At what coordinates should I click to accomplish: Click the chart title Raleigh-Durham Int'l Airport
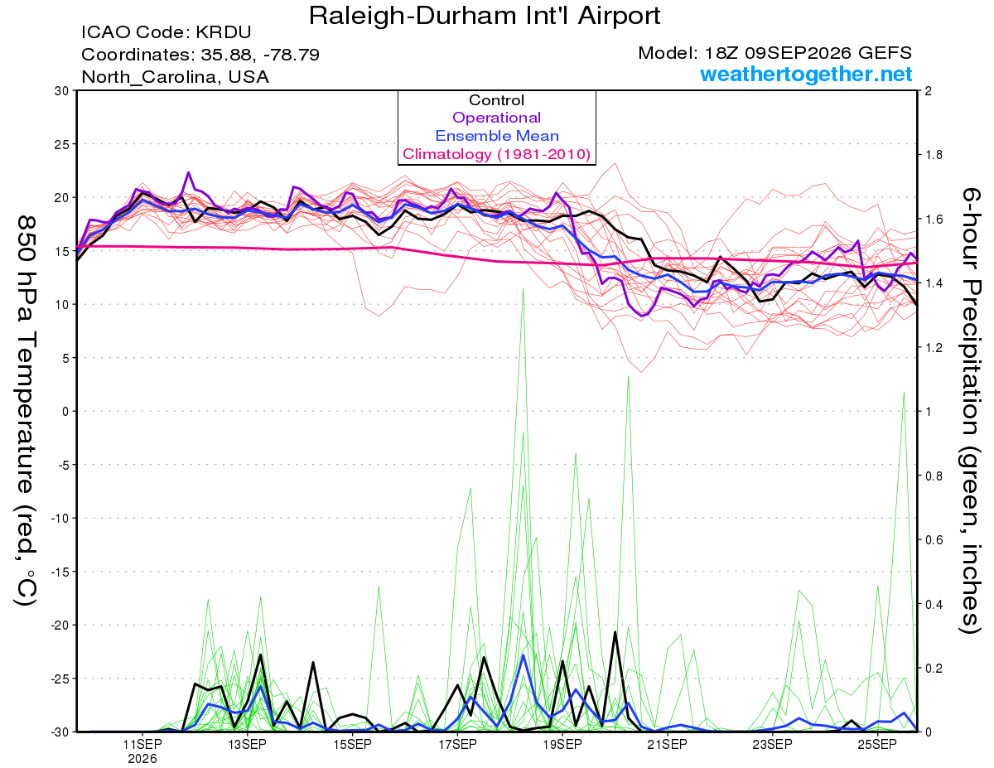pyautogui.click(x=485, y=16)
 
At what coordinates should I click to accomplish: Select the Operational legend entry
pyautogui.click(x=496, y=118)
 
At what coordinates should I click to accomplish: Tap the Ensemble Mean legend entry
pyautogui.click(x=497, y=136)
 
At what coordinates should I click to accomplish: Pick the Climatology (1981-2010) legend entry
pyautogui.click(x=496, y=154)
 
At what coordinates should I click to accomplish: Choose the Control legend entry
pyautogui.click(x=496, y=100)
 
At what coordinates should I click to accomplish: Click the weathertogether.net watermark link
pyautogui.click(x=806, y=74)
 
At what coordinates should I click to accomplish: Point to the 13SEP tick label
pyautogui.click(x=247, y=744)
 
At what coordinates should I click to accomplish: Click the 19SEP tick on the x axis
pyautogui.click(x=562, y=744)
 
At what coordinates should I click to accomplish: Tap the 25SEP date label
pyautogui.click(x=877, y=744)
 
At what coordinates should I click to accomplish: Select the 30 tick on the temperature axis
pyautogui.click(x=62, y=91)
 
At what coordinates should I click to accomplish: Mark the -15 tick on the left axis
pyautogui.click(x=60, y=572)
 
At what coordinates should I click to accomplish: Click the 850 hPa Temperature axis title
pyautogui.click(x=26, y=411)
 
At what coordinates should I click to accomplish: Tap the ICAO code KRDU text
pyautogui.click(x=166, y=32)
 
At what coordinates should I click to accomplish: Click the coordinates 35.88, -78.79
pyautogui.click(x=200, y=55)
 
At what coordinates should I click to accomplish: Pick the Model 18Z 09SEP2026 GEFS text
pyautogui.click(x=774, y=53)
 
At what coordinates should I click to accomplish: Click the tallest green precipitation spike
pyautogui.click(x=523, y=289)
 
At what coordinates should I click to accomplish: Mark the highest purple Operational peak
pyautogui.click(x=189, y=173)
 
